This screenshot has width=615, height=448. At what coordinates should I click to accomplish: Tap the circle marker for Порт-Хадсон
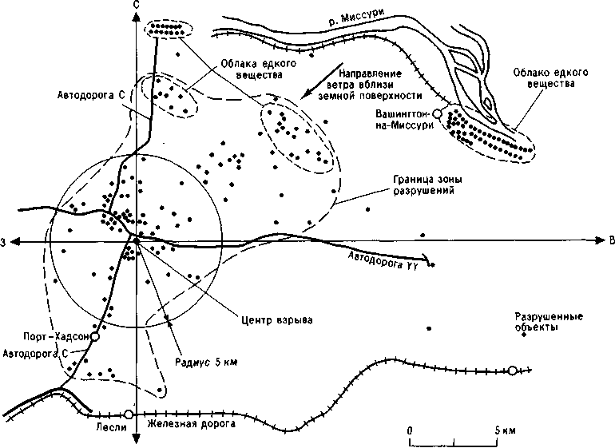[94, 336]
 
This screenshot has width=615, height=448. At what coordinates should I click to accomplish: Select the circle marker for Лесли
[128, 414]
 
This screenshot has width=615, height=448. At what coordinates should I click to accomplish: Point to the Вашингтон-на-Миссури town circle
[437, 113]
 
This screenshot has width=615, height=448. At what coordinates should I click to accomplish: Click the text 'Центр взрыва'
[277, 319]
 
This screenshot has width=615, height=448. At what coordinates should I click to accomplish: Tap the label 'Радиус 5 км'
[206, 362]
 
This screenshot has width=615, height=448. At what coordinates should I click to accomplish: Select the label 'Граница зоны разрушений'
[427, 185]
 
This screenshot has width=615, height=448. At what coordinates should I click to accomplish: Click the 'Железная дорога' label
[192, 424]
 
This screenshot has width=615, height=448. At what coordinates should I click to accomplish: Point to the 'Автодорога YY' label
[384, 260]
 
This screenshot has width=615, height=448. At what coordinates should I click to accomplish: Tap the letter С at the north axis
[136, 4]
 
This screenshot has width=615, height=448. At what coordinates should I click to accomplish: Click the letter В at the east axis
[612, 241]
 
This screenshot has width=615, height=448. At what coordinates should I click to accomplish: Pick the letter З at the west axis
[2, 244]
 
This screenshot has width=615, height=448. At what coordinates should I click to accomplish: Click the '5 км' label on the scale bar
[505, 430]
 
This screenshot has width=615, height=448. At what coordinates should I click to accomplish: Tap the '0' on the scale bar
[410, 430]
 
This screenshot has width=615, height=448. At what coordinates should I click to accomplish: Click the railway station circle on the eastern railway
[512, 371]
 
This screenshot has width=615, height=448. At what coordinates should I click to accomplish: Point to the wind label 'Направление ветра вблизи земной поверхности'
[371, 85]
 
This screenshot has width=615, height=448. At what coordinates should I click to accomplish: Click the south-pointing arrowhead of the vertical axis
[136, 438]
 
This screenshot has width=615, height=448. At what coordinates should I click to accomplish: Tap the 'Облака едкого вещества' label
[258, 69]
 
